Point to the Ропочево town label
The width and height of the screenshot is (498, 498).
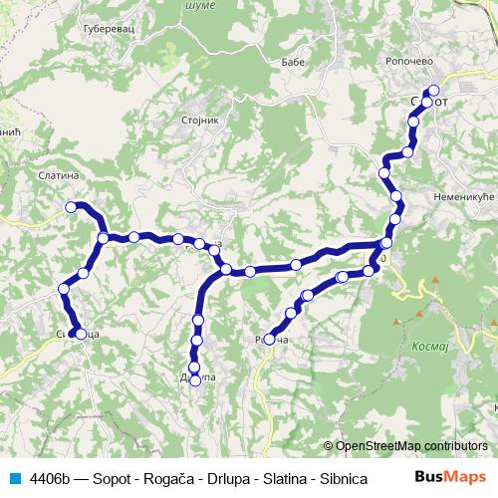pos(407,61)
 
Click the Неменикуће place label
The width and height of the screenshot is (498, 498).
pos(463,198)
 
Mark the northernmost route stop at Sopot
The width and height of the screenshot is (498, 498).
pos(433,91)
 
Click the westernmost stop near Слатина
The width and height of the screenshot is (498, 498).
pos(71,206)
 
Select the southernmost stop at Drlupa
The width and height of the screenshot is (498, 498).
pos(195,379)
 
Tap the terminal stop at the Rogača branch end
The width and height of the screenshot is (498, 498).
pos(269,340)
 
